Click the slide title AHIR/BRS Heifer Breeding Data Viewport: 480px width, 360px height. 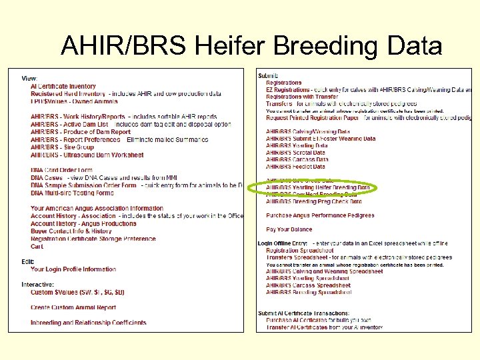tap(251, 46)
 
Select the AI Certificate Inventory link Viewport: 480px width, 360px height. tap(63, 86)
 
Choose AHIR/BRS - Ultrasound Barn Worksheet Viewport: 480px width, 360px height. tap(87, 155)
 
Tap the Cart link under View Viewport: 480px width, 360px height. tap(37, 247)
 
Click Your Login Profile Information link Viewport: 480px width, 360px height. tap(73, 269)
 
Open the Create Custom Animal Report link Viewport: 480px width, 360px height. tap(73, 307)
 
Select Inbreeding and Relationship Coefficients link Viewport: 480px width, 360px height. tap(88, 323)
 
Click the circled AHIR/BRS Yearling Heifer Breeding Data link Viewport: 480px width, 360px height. tap(318, 187)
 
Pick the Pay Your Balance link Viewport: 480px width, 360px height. tap(289, 229)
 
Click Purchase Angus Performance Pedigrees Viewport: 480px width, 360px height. tap(320, 215)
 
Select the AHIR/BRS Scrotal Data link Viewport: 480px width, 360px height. tap(296, 153)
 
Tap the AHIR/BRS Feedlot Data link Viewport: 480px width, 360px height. tap(295, 167)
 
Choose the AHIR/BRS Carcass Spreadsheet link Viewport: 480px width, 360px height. tap(308, 285)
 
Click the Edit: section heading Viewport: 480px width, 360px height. tap(27, 261)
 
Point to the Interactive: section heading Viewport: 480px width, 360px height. tap(37, 284)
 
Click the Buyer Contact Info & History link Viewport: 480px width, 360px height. tap(71, 231)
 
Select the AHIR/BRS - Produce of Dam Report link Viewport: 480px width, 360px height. tap(81, 132)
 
